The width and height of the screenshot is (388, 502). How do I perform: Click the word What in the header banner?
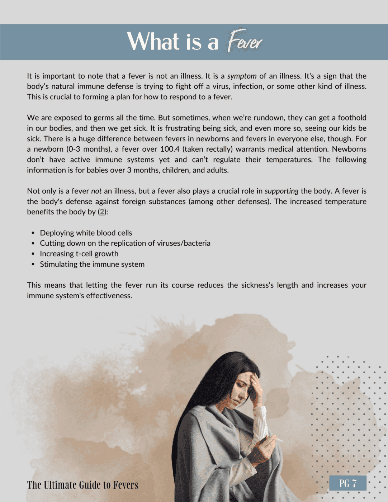153,42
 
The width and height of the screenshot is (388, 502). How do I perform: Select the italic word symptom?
242,76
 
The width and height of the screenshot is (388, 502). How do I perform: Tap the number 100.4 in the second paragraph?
170,149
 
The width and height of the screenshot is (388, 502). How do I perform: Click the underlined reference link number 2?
102,212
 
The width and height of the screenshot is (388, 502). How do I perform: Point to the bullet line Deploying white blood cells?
86,233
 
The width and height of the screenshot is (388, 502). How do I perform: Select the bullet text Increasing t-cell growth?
79,254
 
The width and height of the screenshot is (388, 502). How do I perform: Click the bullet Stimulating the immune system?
92,264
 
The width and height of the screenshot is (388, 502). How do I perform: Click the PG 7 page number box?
348,483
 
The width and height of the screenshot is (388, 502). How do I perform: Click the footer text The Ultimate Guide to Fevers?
82,485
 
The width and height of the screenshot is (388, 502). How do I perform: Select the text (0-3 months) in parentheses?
89,149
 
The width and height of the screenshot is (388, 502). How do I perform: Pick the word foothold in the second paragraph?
352,118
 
